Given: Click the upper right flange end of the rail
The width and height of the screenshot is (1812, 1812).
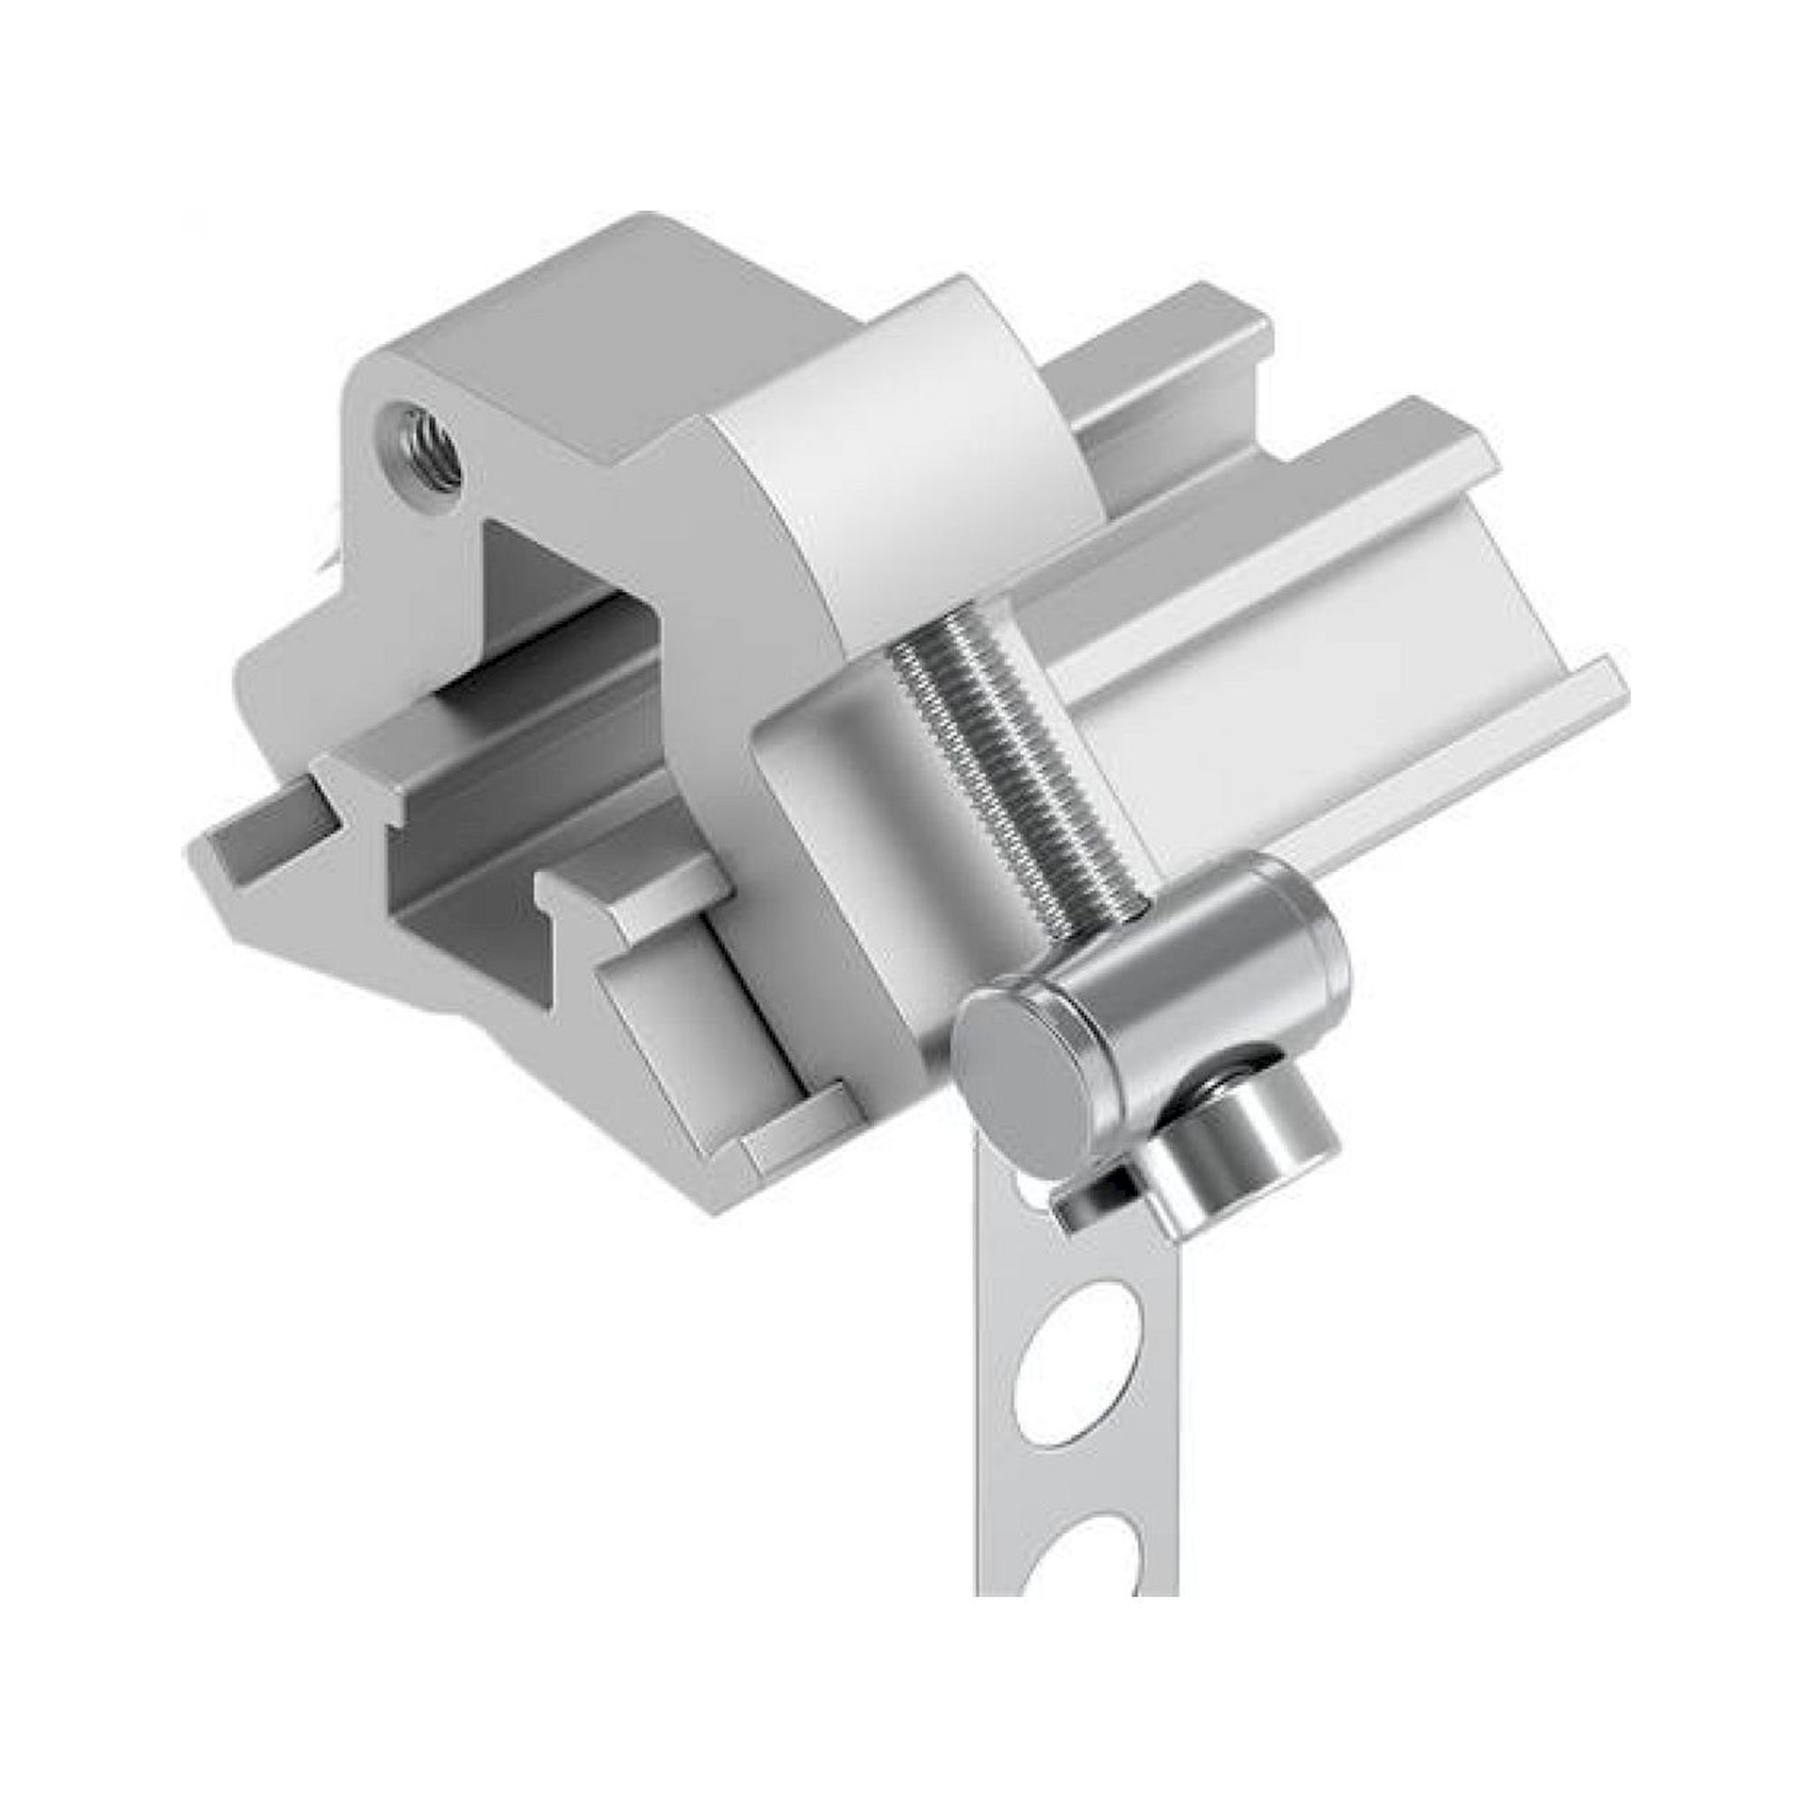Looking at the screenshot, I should [x=1463, y=441].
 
